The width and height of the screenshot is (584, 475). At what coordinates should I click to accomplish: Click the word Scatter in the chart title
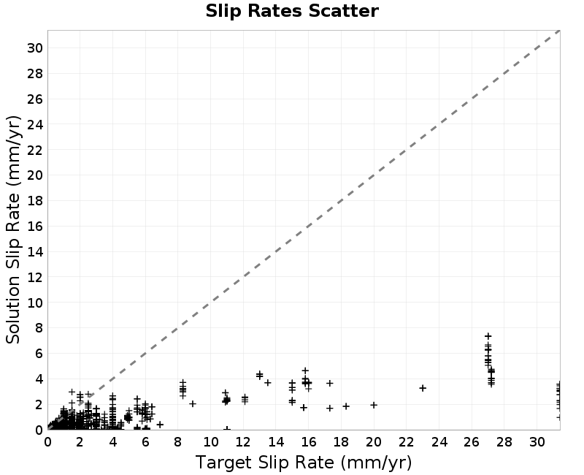344,11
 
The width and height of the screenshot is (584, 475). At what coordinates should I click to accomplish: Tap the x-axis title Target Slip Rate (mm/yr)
304,463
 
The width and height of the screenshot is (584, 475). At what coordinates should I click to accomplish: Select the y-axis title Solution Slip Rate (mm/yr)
13,229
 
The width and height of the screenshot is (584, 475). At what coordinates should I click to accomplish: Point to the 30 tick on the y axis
34,48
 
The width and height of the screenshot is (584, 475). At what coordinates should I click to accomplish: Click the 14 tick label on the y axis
34,251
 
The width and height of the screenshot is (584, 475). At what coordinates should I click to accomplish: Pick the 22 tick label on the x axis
407,442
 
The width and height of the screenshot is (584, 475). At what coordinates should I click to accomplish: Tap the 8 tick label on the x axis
177,442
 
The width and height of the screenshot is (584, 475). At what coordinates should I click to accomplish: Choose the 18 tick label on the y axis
34,200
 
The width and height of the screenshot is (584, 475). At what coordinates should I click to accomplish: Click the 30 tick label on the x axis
537,442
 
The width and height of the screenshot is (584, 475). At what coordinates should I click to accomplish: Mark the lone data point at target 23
423,388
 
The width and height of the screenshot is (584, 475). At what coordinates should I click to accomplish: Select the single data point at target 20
374,405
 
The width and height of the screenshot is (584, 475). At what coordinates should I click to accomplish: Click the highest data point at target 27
488,336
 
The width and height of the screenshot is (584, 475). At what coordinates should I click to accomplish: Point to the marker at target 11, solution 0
227,429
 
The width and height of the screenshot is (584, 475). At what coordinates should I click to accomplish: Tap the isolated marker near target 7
160,425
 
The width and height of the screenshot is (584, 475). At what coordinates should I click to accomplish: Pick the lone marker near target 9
193,403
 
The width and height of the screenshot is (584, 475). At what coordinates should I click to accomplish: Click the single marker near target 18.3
346,406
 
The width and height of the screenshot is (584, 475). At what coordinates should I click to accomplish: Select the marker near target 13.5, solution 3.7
268,382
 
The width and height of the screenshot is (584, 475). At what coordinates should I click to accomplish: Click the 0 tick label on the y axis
39,430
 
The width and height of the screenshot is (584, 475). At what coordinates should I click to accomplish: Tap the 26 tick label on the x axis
472,442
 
